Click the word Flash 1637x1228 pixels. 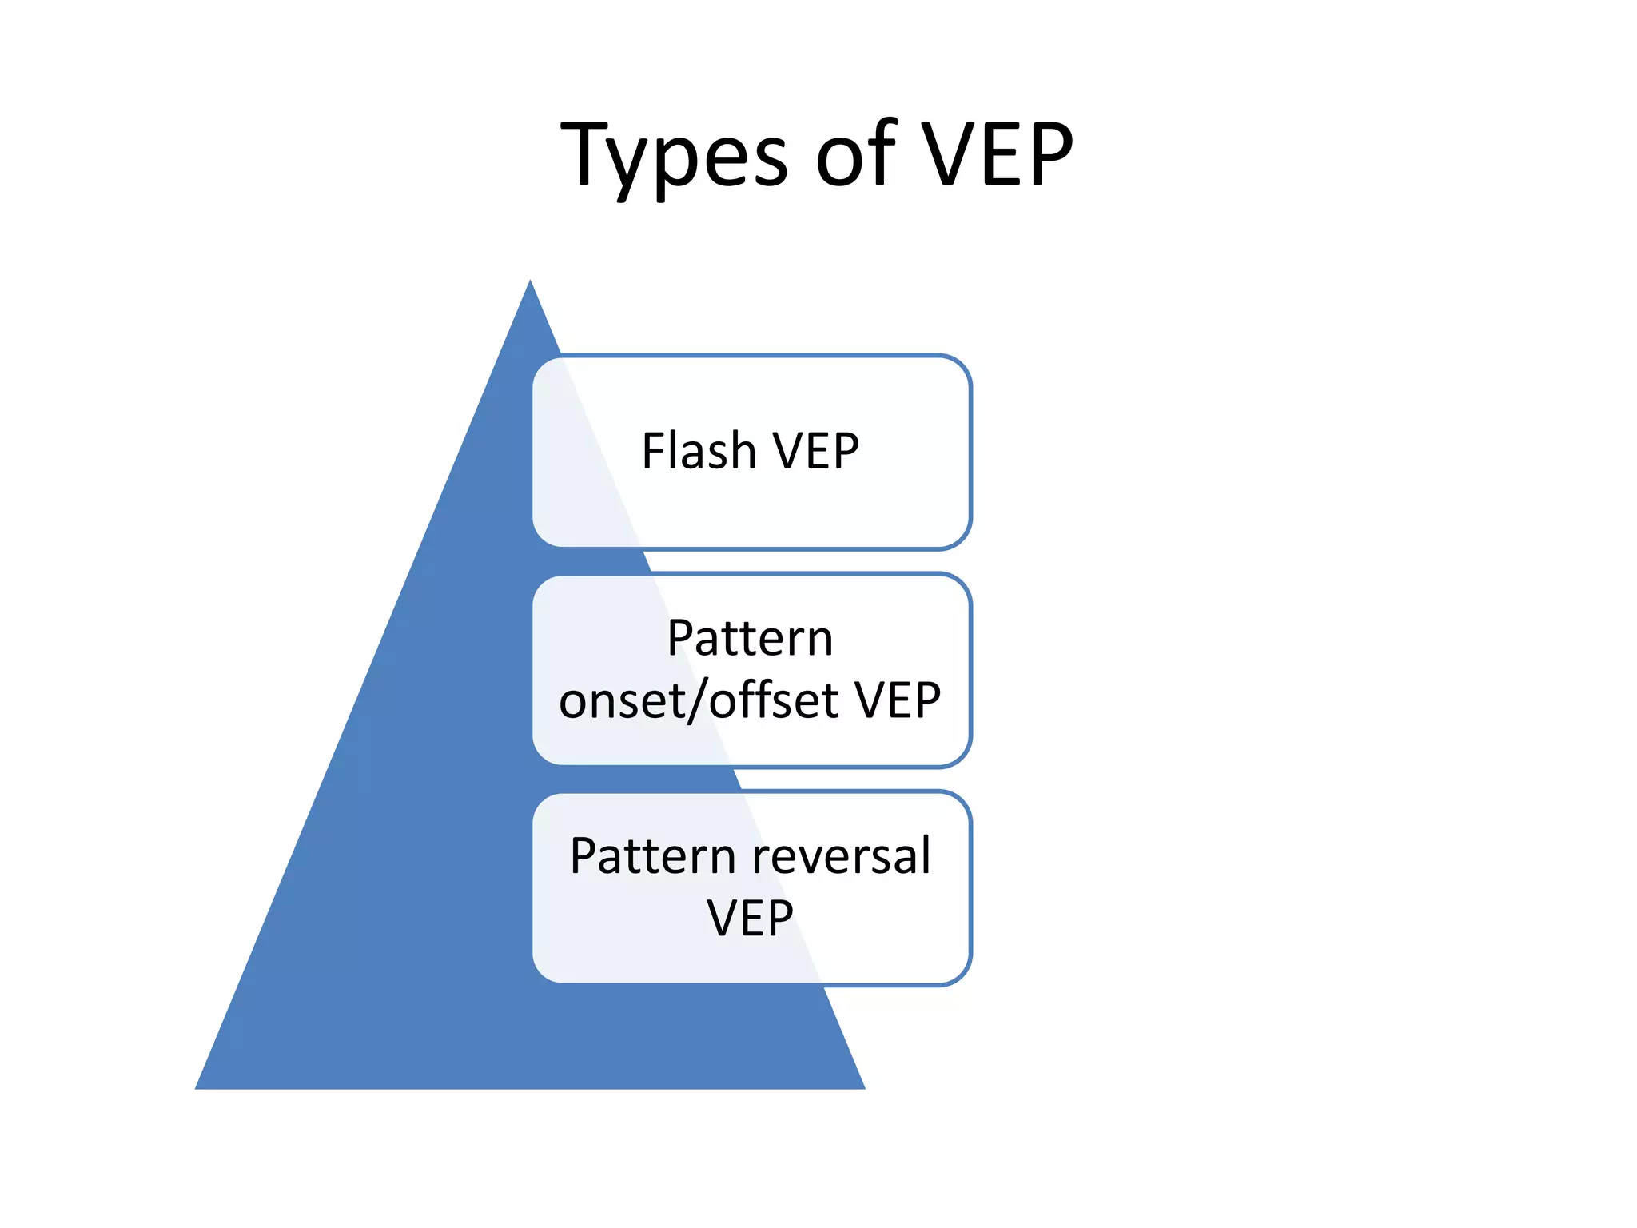point(699,451)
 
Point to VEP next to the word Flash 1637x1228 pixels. point(815,451)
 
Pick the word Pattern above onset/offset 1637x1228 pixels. point(750,639)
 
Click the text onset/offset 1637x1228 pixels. point(699,700)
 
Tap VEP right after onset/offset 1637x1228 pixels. point(898,700)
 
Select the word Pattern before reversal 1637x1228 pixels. point(652,856)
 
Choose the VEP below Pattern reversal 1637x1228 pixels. point(750,918)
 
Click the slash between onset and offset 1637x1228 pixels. point(698,700)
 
